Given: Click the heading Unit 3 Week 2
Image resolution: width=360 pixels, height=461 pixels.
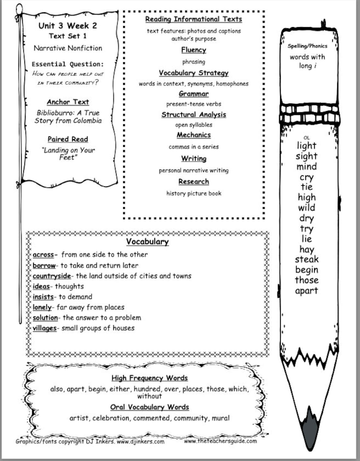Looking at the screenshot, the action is (x=68, y=26).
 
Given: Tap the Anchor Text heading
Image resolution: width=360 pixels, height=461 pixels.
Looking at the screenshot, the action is (x=68, y=102).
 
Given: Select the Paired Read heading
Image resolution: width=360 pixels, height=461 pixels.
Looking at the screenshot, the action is (x=68, y=139).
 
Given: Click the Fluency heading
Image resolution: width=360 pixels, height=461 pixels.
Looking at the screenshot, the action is (x=194, y=50).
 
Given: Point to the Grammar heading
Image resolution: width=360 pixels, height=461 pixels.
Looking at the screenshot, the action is (x=194, y=94).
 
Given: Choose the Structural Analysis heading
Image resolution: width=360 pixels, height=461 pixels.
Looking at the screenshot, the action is (x=194, y=115).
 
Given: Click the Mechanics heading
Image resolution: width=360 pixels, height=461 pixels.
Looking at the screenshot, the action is (x=194, y=135).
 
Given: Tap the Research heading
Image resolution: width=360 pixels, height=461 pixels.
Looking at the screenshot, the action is (x=194, y=182).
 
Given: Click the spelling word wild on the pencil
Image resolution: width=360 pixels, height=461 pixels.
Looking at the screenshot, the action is (x=306, y=208).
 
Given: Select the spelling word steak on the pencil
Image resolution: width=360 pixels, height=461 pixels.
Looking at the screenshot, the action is (x=307, y=260).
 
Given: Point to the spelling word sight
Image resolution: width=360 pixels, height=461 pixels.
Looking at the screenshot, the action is (x=306, y=156).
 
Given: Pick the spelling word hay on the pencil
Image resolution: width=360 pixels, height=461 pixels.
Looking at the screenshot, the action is (x=307, y=249).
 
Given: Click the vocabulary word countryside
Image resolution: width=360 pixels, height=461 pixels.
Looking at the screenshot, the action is (x=52, y=276).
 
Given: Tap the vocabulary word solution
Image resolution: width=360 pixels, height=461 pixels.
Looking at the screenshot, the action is (x=45, y=318).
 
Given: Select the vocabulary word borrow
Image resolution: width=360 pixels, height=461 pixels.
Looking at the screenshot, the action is (x=44, y=266).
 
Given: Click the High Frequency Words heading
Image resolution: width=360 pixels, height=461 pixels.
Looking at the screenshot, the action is (x=149, y=378).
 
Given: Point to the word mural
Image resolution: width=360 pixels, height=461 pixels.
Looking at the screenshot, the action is (x=220, y=418).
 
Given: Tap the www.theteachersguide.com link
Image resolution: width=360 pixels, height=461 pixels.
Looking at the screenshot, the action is (x=220, y=441).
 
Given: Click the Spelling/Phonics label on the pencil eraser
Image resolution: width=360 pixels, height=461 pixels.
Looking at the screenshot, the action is (x=307, y=46).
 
